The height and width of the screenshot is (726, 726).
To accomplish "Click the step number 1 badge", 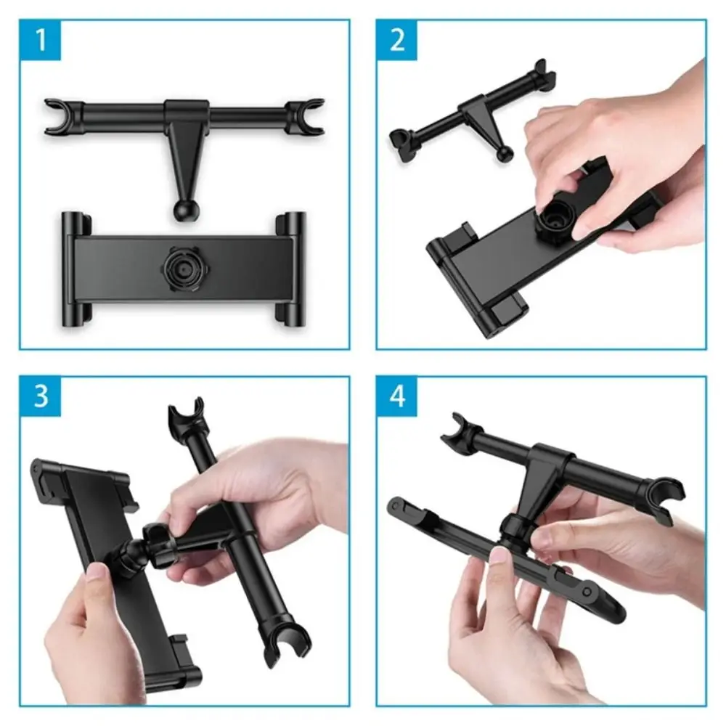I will [x=41, y=39].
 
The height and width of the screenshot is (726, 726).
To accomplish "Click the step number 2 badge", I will [x=397, y=39].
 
